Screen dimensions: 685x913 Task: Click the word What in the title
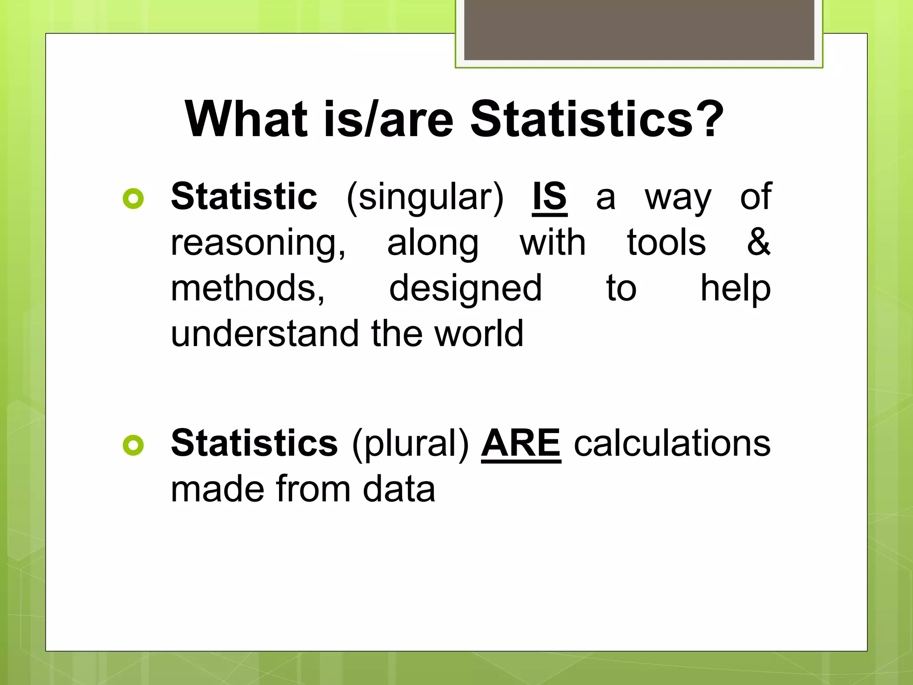246,120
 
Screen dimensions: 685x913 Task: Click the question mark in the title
708,120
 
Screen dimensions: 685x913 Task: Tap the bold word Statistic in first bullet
244,197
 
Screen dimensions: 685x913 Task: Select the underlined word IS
549,197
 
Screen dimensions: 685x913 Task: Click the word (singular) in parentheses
425,198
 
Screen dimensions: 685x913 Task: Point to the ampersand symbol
758,242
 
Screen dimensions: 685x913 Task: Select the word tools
666,242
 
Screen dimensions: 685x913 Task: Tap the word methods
247,289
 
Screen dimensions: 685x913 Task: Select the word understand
265,334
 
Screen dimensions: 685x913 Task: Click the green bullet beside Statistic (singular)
133,199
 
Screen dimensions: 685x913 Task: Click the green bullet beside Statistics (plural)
133,445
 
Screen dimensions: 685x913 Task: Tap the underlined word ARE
521,444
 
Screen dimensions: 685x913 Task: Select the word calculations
672,444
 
